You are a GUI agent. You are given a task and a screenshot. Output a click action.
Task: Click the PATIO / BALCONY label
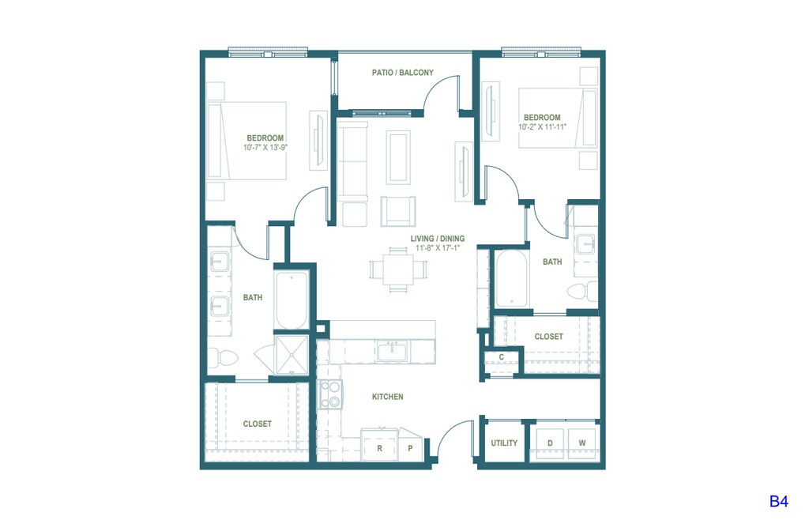(402, 73)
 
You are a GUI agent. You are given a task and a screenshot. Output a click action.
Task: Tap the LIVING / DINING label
(438, 239)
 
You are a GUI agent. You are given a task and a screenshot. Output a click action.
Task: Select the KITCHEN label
(387, 397)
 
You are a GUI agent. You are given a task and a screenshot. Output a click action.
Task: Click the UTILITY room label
(504, 443)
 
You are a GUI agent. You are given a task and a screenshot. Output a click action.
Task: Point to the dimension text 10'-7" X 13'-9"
(265, 147)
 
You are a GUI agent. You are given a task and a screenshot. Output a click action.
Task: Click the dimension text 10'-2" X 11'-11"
(542, 126)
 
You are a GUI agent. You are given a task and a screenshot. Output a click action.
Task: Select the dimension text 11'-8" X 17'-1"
(438, 248)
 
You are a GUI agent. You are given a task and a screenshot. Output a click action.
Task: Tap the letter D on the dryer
(550, 443)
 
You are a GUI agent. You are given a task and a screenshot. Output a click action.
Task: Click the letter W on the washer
(582, 443)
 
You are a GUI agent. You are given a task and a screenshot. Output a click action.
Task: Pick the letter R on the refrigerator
(380, 448)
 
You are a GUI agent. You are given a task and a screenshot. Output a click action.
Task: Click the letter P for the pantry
(410, 448)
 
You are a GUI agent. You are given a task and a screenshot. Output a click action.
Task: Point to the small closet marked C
(501, 357)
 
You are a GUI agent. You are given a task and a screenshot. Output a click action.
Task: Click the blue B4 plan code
(778, 501)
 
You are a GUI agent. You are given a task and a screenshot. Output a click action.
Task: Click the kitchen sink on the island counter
(392, 351)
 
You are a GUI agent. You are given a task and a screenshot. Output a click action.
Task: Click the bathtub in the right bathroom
(511, 279)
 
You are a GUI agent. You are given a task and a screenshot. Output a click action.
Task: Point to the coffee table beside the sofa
(398, 157)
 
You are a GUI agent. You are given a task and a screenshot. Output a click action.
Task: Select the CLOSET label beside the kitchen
(257, 424)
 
